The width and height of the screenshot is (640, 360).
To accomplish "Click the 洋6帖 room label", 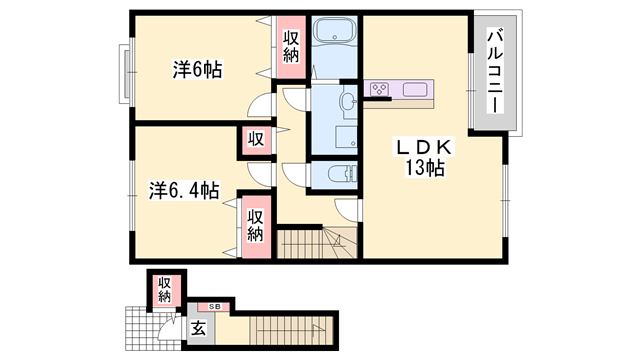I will coord(197,70).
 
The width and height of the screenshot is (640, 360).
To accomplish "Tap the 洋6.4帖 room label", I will coord(185,190).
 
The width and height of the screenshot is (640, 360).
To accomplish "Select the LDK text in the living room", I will coord(424,147).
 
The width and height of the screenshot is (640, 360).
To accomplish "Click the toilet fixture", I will coord(340,175).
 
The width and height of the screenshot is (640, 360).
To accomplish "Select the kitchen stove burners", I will coord(380,91).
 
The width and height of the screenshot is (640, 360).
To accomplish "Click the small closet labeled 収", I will coord(256,140).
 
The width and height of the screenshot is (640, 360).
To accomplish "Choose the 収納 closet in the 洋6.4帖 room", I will coord(256,226).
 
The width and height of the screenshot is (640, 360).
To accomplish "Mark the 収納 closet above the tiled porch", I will coord(164,290).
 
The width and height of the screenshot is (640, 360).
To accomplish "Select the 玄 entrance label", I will coord(198,327).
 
